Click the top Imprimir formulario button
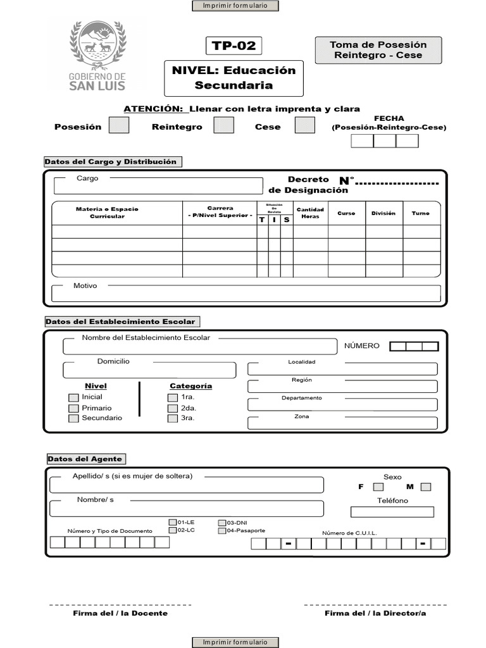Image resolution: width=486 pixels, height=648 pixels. click(235, 6)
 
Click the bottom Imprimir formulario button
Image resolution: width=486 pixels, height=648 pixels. click(235, 642)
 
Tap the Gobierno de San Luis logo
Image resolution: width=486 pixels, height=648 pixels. click(97, 56)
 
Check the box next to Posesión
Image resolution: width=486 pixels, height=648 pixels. click(119, 125)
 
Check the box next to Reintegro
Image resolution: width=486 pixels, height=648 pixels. click(223, 125)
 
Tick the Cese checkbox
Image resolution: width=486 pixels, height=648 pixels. click(304, 125)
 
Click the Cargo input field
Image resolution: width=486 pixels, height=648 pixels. click(158, 186)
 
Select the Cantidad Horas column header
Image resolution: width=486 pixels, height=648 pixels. click(310, 213)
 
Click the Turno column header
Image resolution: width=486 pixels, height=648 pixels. click(421, 213)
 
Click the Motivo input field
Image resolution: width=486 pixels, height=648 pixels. click(246, 294)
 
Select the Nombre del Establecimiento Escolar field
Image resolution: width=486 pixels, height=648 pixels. click(200, 347)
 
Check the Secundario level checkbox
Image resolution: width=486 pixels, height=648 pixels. click(73, 418)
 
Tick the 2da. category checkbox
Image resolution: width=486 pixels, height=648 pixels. click(172, 408)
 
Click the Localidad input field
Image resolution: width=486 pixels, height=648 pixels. click(342, 369)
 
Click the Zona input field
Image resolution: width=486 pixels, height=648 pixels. click(342, 423)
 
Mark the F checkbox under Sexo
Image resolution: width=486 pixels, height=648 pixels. click(378, 487)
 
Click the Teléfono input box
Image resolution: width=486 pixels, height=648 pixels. click(392, 512)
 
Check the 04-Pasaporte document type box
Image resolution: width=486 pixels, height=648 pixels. click(222, 531)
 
